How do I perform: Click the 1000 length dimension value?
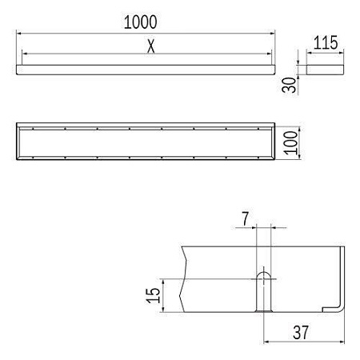point(141,22)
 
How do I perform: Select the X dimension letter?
point(151,46)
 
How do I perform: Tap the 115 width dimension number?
point(326,42)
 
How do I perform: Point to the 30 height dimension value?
point(289,85)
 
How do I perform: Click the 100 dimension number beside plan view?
point(290,142)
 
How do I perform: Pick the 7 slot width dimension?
point(246,218)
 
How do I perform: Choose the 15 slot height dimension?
point(153,295)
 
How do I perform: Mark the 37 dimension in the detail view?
point(301,332)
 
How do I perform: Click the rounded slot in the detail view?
point(263,291)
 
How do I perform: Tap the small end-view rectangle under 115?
point(325,70)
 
